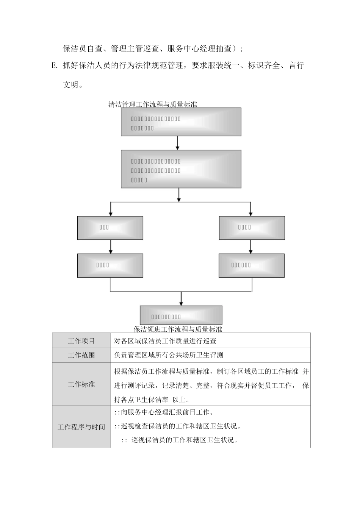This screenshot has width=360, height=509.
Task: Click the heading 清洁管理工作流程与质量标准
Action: (x=152, y=105)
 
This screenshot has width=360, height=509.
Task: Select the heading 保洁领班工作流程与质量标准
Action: (x=178, y=329)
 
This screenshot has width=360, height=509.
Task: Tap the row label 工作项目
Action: (x=81, y=341)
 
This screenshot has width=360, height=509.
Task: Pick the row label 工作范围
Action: (x=81, y=355)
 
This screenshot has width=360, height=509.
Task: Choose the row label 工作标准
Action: (x=81, y=384)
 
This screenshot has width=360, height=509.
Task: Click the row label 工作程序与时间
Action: (x=81, y=427)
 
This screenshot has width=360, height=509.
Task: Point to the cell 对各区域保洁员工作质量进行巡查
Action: (x=165, y=341)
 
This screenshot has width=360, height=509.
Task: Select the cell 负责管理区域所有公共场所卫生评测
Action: (x=169, y=355)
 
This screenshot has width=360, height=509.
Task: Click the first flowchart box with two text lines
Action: (x=181, y=122)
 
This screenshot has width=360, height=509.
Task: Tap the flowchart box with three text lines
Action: (x=181, y=169)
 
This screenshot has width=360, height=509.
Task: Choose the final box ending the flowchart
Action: (x=181, y=315)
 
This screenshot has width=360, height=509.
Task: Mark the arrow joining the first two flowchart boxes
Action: (x=177, y=143)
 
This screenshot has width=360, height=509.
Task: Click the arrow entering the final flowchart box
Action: (x=181, y=299)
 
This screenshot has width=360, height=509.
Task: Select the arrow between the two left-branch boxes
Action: (x=110, y=247)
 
